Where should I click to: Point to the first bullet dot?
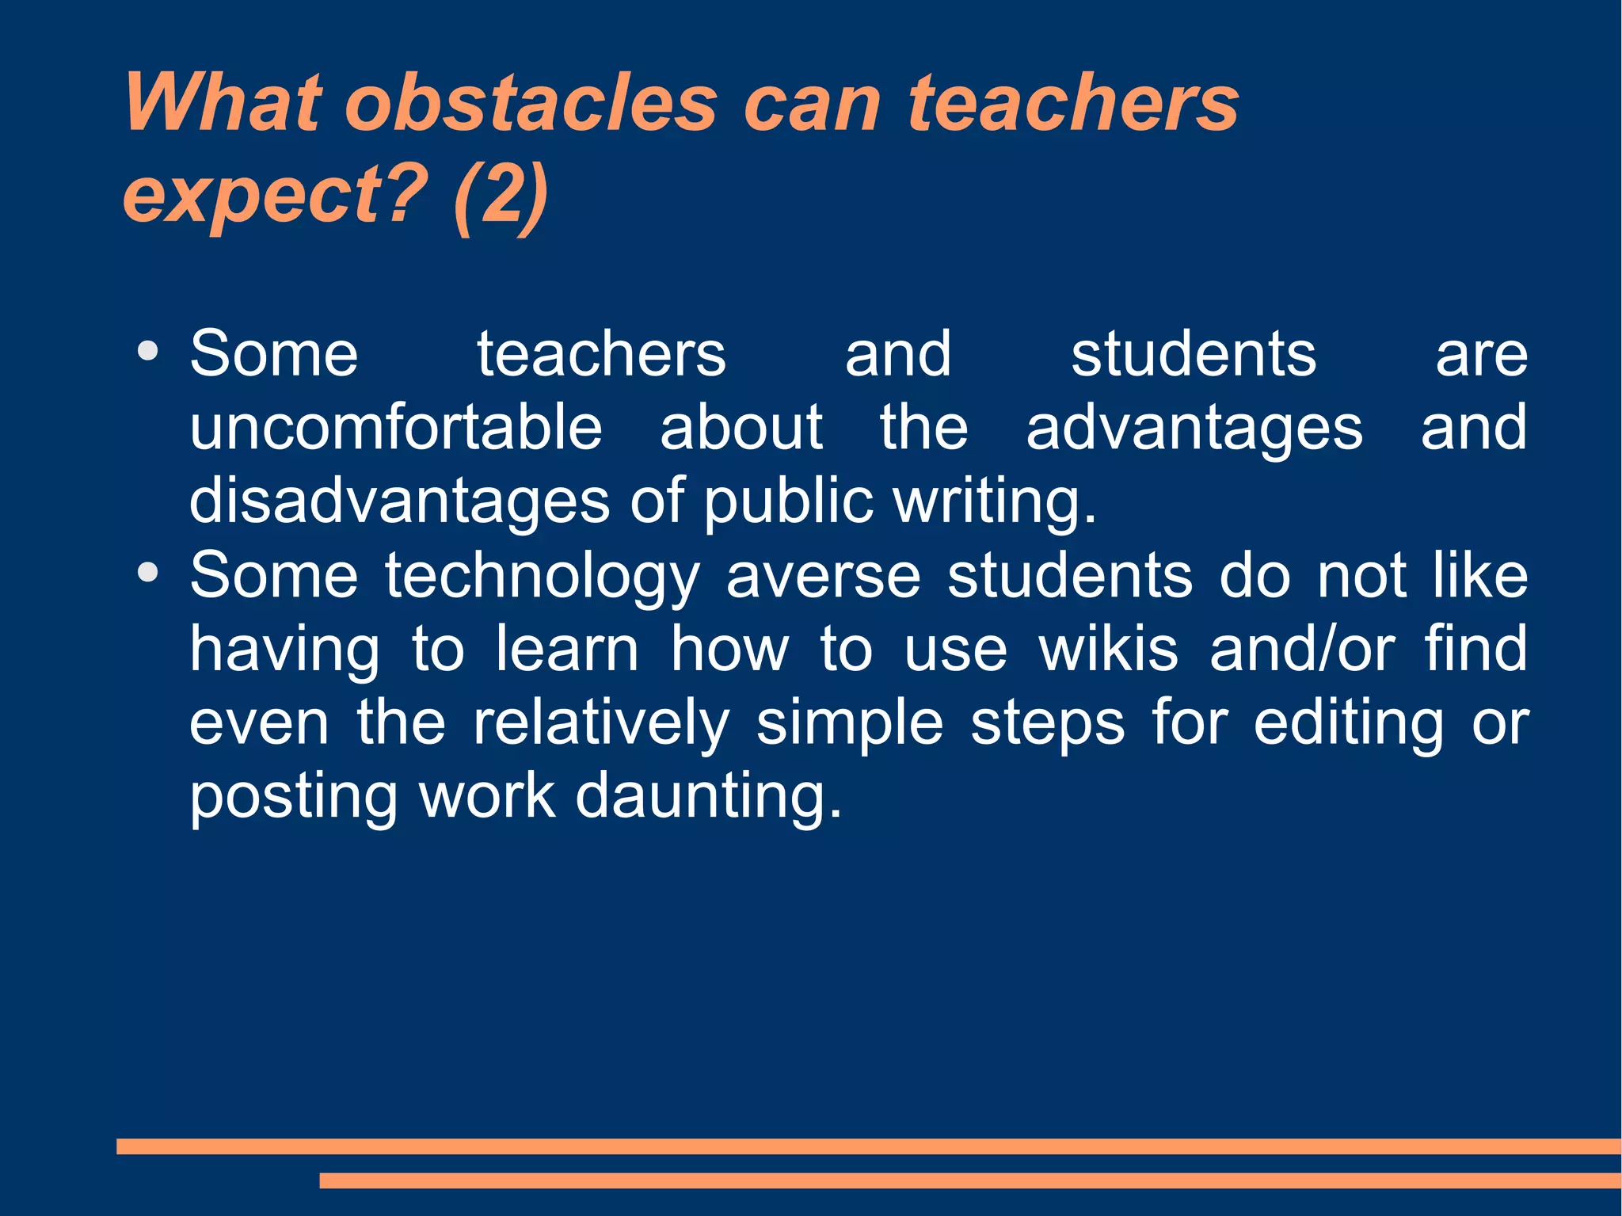pos(147,351)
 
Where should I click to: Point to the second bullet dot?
pos(147,572)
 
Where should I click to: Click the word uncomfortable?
pos(396,428)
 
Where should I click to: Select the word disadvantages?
pos(399,501)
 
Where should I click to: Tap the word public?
pos(787,501)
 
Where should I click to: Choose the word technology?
pos(543,576)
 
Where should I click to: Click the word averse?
pos(824,576)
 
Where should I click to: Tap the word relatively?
pos(601,723)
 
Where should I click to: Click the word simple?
pos(849,723)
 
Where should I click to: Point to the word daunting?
pos(708,797)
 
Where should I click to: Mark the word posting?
pos(293,797)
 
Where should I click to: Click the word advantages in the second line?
pos(1194,428)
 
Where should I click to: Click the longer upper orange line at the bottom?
pos(868,1146)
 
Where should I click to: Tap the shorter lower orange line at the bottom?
pos(969,1180)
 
